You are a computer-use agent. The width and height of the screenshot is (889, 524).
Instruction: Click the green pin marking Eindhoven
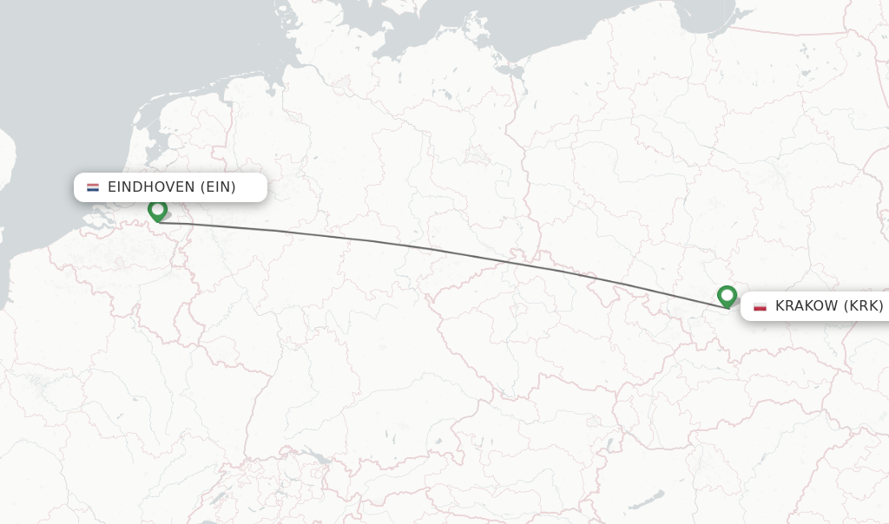157,211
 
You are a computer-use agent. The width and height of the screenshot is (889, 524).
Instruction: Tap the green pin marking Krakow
728,296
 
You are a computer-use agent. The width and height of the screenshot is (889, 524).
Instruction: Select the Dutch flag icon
93,187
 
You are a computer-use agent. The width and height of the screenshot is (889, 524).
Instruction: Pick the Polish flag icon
760,305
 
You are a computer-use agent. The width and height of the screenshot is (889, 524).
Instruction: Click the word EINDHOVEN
151,187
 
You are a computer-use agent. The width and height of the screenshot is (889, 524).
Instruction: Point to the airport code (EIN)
217,187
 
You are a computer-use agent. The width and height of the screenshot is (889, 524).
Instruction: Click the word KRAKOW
807,305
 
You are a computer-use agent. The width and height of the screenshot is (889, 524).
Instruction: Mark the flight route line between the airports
434,249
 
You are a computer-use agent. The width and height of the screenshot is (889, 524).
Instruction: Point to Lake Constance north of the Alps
318,457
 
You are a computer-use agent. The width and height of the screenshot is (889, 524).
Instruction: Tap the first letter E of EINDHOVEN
113,187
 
